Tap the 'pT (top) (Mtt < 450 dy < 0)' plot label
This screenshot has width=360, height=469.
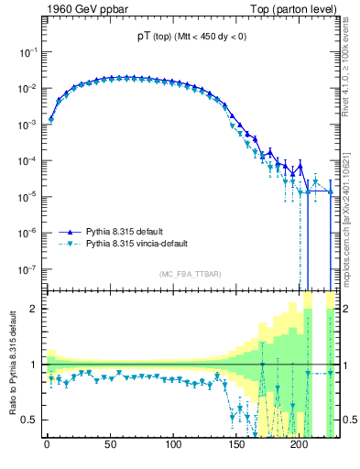pos(190,37)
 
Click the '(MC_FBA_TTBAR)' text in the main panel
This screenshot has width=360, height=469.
pos(191,275)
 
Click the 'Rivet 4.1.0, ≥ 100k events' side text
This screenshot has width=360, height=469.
pos(351,73)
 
